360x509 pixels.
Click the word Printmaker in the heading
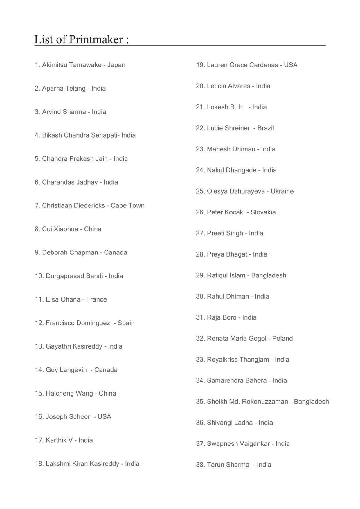point(96,39)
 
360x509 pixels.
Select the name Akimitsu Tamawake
point(72,65)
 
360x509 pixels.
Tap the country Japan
point(116,65)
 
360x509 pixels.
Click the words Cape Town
point(127,205)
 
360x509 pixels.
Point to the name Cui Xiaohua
point(60,229)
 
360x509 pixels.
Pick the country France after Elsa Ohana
point(96,299)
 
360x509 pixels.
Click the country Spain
point(126,323)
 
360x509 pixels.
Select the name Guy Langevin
point(66,370)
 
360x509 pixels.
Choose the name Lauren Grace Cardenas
point(242,65)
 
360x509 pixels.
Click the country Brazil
point(266,128)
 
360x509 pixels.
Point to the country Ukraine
point(282,191)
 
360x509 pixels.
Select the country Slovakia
point(263,212)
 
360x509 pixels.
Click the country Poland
point(282,339)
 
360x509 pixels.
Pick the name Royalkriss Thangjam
point(238,360)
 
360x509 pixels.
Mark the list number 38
point(200,465)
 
